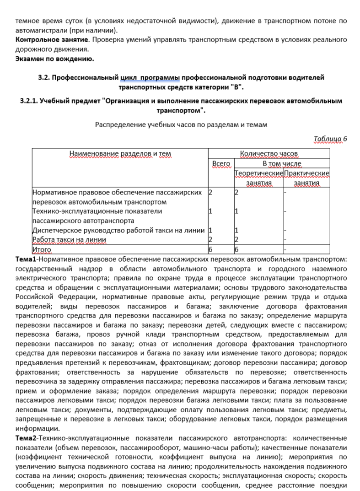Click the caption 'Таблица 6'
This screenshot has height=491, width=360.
pyautogui.click(x=330, y=139)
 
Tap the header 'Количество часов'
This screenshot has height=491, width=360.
pyautogui.click(x=269, y=153)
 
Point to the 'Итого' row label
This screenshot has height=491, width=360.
pyautogui.click(x=42, y=249)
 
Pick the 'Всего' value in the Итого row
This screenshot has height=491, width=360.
pyautogui.click(x=211, y=249)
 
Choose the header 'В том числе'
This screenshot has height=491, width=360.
pyautogui.click(x=282, y=163)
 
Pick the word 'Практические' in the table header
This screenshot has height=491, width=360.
pyautogui.click(x=307, y=173)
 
